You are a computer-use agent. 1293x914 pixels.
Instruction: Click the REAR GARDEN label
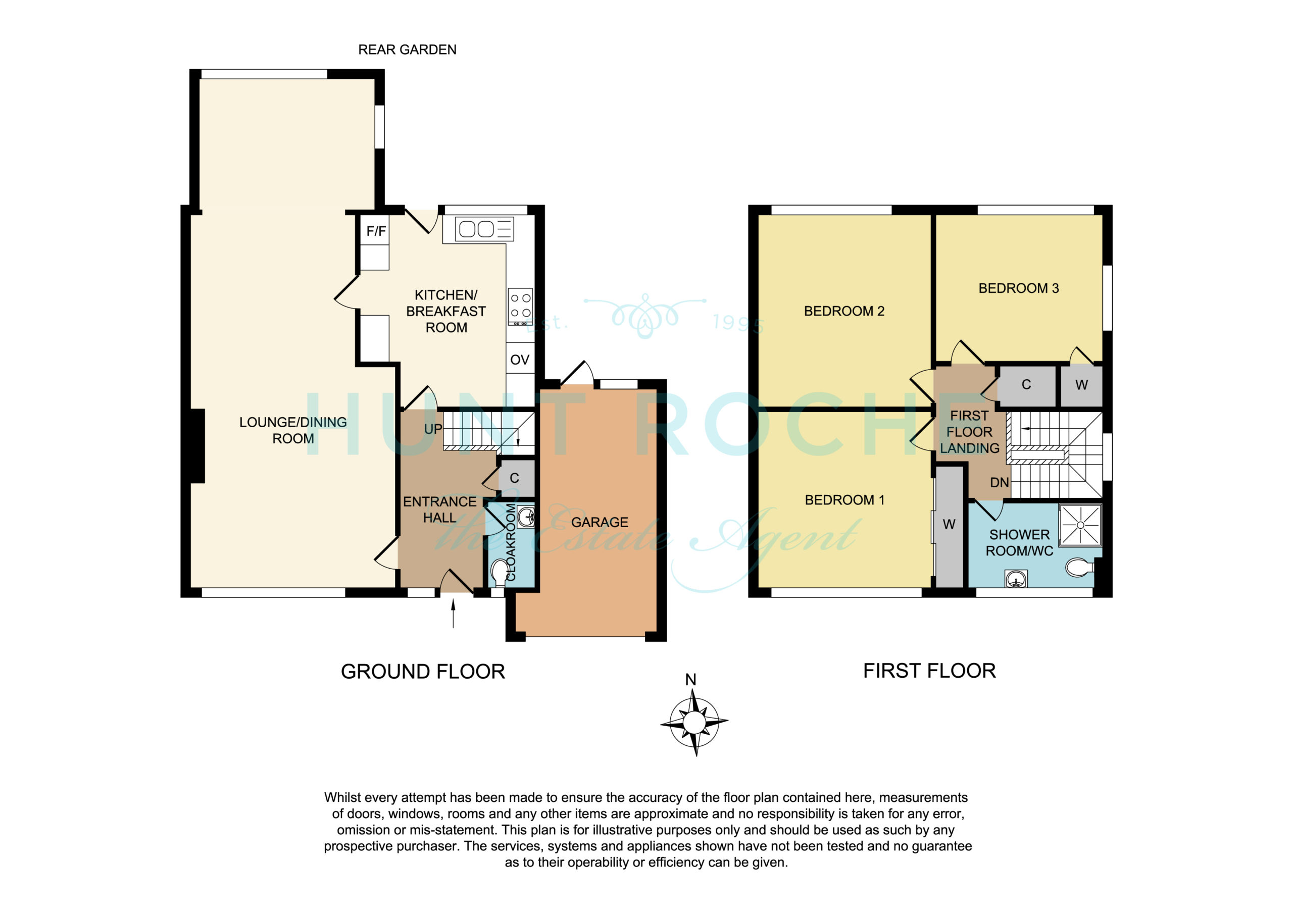point(407,49)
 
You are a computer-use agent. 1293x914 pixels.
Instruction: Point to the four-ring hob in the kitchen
point(520,307)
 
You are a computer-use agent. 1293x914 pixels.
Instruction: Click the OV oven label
point(520,360)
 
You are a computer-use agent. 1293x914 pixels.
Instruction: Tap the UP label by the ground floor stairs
point(433,429)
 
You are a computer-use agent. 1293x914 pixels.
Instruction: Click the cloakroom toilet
point(499,572)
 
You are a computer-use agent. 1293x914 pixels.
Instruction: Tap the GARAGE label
point(600,523)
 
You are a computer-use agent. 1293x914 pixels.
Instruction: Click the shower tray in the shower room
point(1080,525)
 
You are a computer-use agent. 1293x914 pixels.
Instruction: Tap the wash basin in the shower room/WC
point(1016,579)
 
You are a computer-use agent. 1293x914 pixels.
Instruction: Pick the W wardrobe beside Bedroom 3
point(1081,386)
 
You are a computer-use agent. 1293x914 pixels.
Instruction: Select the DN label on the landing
point(1000,483)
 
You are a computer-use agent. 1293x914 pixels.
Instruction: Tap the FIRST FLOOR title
point(930,671)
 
